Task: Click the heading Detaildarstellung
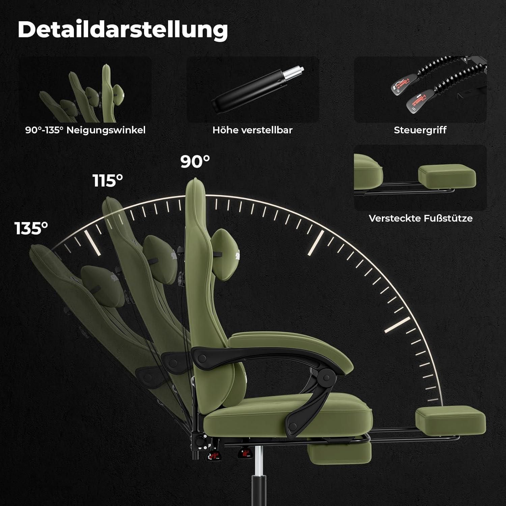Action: point(123,30)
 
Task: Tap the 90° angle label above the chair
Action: point(195,162)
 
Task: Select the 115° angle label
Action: point(108,181)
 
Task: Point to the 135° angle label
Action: point(31,228)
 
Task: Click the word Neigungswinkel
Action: point(106,130)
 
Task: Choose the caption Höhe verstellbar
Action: point(252,130)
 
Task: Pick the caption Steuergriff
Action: point(420,130)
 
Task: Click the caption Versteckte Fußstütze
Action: point(420,218)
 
